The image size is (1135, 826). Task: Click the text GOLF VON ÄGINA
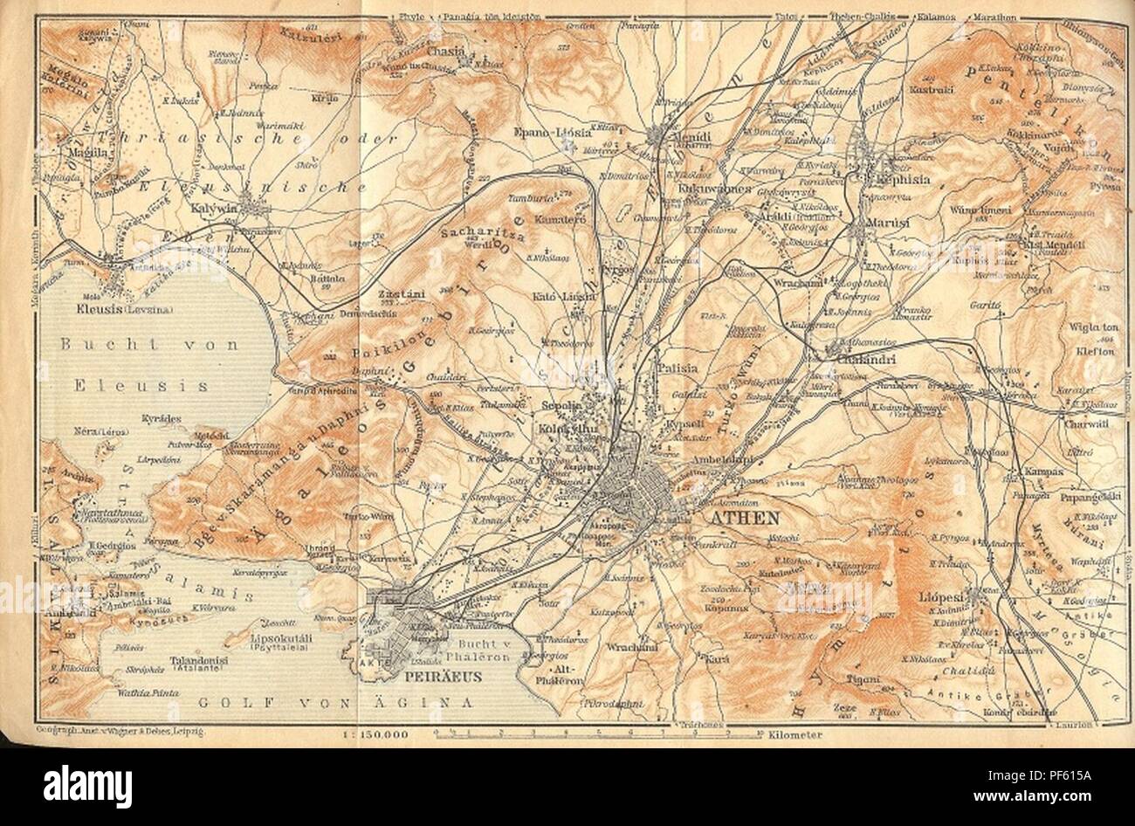pos(334,701)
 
